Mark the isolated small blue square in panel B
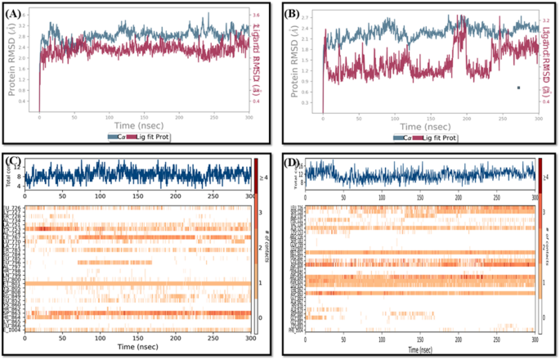pos(517,88)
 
